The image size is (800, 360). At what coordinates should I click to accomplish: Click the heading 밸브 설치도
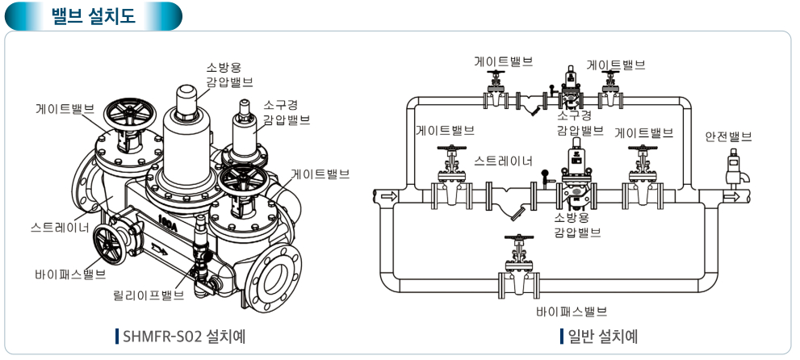coord(93,15)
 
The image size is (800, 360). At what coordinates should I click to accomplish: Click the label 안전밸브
coord(728,137)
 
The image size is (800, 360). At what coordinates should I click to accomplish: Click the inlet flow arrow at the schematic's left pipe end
coord(388,196)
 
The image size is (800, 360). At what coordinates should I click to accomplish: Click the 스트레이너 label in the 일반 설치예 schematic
coord(504,161)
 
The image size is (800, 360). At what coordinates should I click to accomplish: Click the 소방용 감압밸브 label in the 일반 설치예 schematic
coord(577,225)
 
